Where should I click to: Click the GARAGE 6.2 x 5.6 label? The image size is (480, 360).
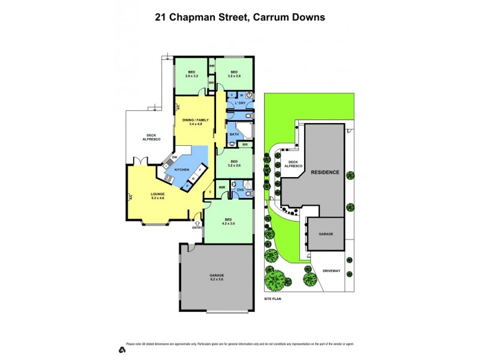pyautogui.click(x=217, y=277)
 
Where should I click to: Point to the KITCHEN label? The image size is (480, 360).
pyautogui.click(x=182, y=170)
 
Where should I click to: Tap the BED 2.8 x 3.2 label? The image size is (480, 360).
pyautogui.click(x=191, y=74)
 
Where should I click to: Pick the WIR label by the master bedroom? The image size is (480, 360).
pyautogui.click(x=221, y=187)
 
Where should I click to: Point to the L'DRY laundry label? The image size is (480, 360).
pyautogui.click(x=240, y=103)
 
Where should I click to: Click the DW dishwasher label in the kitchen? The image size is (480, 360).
pyautogui.click(x=173, y=157)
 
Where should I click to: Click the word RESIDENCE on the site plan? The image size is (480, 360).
pyautogui.click(x=325, y=172)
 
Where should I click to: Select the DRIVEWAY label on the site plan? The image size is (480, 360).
pyautogui.click(x=331, y=271)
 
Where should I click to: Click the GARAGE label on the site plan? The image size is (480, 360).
pyautogui.click(x=326, y=235)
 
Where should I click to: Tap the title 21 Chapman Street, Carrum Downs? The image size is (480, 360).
pyautogui.click(x=240, y=17)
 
